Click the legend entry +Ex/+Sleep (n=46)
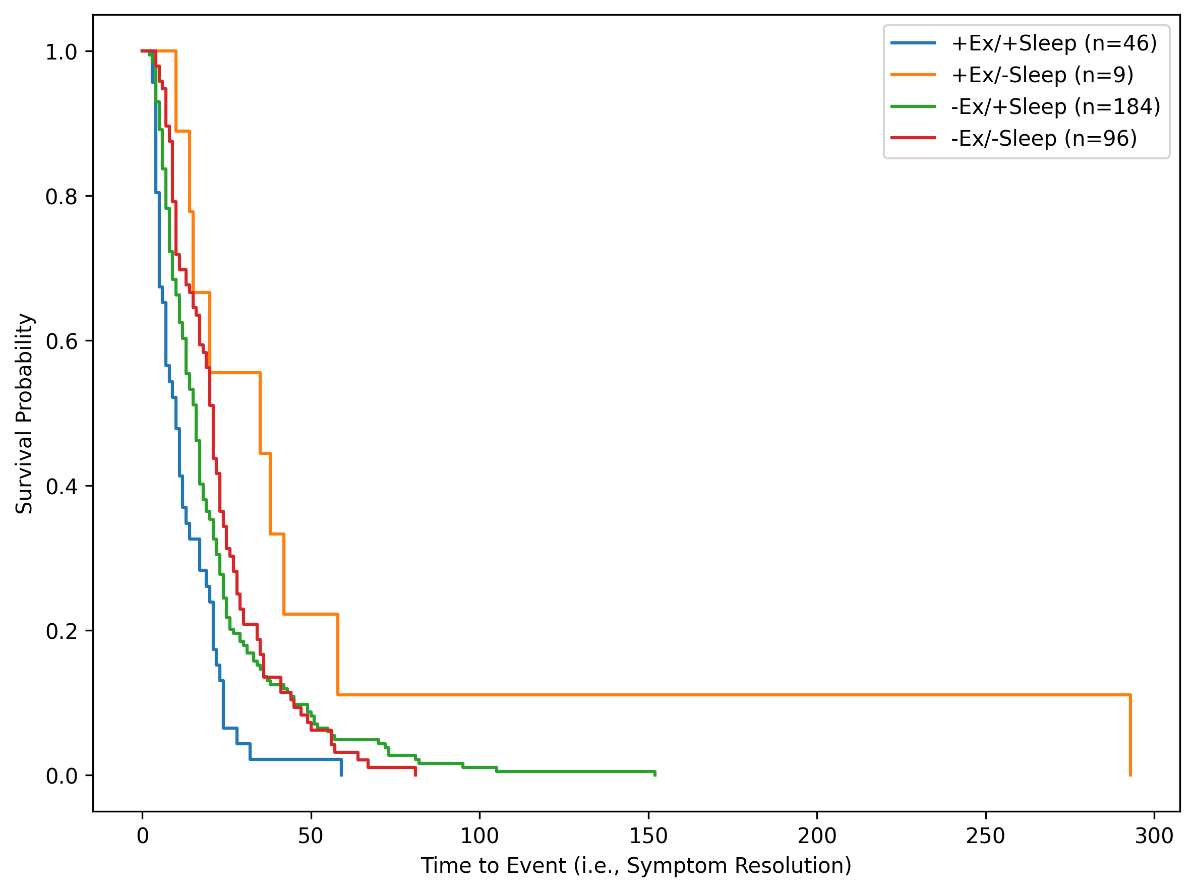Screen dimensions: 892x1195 pyautogui.click(x=1053, y=43)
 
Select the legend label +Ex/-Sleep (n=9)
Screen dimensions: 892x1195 pyautogui.click(x=1042, y=75)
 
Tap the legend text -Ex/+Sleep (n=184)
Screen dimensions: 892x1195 pyautogui.click(x=1055, y=107)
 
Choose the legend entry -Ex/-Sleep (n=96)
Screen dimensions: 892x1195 pyautogui.click(x=1044, y=139)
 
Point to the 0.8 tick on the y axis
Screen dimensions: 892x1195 pyautogui.click(x=62, y=197)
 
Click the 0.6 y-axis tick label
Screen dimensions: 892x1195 pyautogui.click(x=62, y=341)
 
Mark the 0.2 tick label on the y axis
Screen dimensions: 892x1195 pyautogui.click(x=62, y=631)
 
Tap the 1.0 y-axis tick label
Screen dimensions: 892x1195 pyautogui.click(x=62, y=52)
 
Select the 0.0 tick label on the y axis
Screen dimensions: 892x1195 pyautogui.click(x=62, y=776)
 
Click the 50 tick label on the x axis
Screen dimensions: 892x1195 pyautogui.click(x=311, y=837)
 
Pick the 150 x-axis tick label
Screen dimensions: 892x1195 pyautogui.click(x=648, y=837)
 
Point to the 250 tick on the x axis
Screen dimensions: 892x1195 pyautogui.click(x=985, y=837)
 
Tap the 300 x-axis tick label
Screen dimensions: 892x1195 pyautogui.click(x=1154, y=837)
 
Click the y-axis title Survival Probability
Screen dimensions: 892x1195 pyautogui.click(x=24, y=413)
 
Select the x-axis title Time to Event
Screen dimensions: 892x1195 pyautogui.click(x=636, y=866)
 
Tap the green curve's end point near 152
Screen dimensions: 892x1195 pyautogui.click(x=654, y=773)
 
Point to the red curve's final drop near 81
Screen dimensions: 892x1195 pyautogui.click(x=415, y=771)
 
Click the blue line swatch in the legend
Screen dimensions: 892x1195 pyautogui.click(x=913, y=43)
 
